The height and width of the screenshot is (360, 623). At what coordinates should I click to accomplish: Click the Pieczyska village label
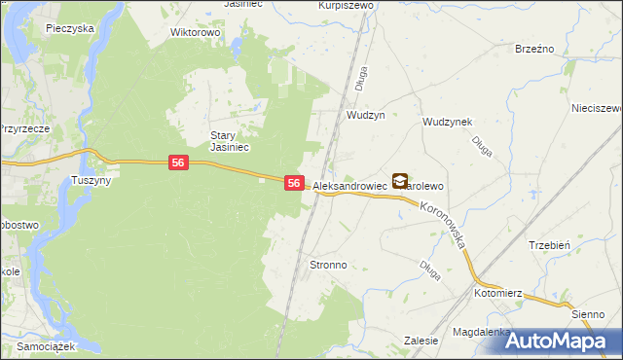[69, 28]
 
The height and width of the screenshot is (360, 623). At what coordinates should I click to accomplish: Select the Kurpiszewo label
[347, 5]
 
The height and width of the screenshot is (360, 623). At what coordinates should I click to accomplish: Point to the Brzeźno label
[534, 50]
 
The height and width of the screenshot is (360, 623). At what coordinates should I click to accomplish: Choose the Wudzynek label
[447, 122]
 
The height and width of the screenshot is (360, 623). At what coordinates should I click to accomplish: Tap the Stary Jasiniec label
[231, 141]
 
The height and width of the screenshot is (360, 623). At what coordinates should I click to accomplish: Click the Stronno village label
[327, 265]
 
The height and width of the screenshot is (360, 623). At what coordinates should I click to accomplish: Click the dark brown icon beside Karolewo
[400, 180]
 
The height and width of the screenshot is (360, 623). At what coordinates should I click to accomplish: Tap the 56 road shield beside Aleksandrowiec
[294, 182]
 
